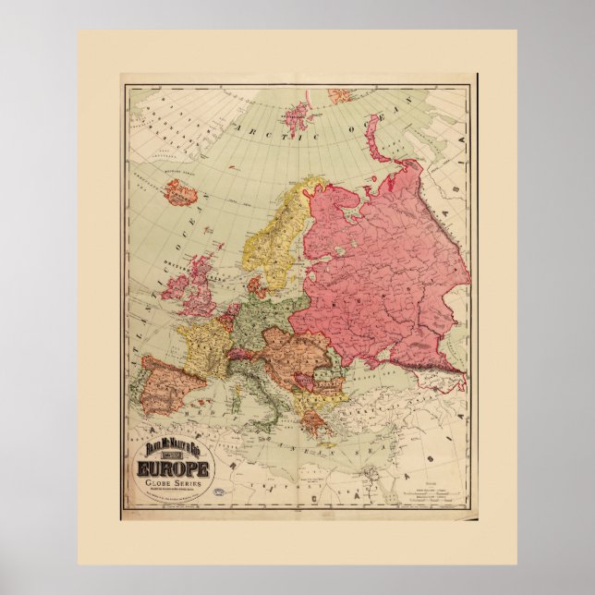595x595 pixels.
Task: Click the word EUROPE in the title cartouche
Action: click(x=176, y=469)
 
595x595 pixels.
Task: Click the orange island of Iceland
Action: click(x=181, y=193)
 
